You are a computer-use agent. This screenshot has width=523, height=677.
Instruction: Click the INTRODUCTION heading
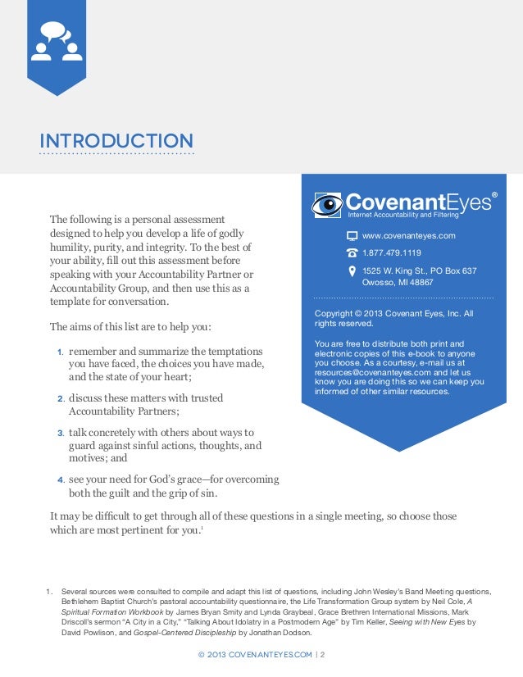click(116, 141)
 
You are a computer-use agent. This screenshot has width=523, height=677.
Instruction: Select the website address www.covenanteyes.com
click(408, 236)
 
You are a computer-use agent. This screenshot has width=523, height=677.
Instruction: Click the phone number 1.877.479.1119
click(392, 253)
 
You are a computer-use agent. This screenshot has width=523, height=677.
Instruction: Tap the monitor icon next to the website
click(352, 236)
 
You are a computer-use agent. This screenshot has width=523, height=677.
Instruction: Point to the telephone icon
click(352, 253)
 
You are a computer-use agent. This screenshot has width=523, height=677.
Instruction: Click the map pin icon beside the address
click(352, 270)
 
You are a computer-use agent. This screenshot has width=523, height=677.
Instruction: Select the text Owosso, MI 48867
click(398, 282)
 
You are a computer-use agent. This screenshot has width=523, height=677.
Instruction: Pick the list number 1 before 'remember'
click(60, 352)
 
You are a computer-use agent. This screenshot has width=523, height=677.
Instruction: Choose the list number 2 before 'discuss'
click(60, 399)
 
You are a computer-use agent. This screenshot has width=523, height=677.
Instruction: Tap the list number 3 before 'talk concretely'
click(60, 433)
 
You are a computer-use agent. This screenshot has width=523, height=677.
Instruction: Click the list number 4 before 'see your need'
click(60, 480)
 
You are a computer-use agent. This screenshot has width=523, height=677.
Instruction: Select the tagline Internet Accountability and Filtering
click(403, 215)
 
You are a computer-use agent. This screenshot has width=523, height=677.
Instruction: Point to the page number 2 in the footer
click(323, 656)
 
